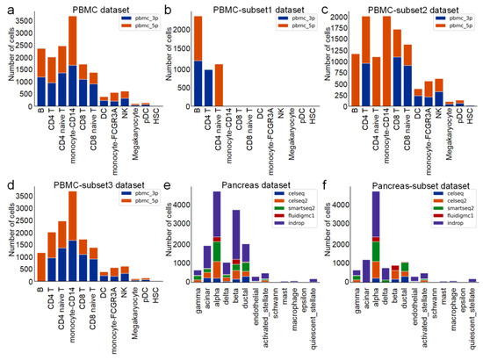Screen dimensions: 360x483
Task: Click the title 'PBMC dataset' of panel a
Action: click(86, 7)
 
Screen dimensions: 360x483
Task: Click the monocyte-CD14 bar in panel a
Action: click(73, 61)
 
